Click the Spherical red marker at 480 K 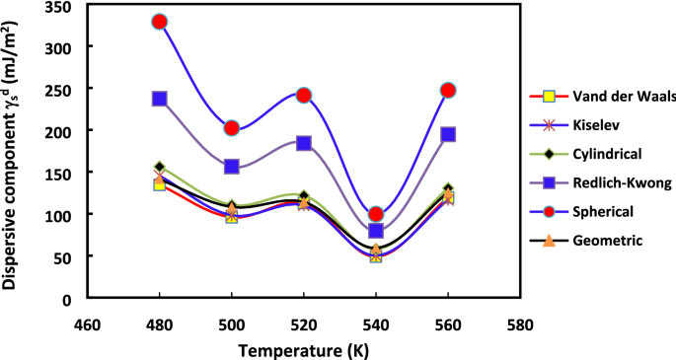click(x=159, y=22)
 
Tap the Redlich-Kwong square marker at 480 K click(x=159, y=99)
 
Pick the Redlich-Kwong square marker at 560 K click(x=448, y=134)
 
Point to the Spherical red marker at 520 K click(x=304, y=96)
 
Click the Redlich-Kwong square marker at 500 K click(x=232, y=167)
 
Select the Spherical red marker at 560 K click(x=448, y=90)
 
